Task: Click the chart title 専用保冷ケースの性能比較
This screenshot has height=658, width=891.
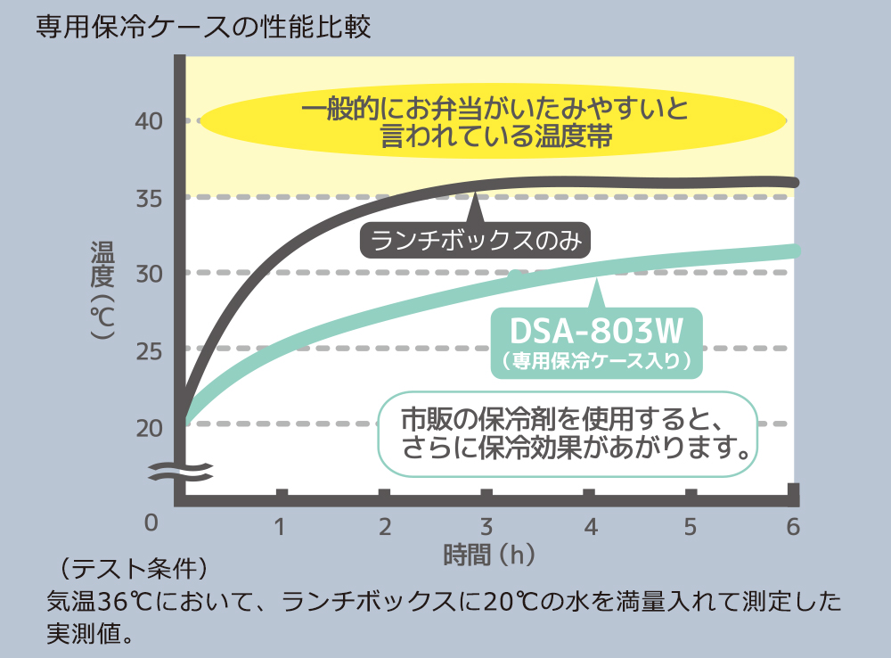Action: click(203, 27)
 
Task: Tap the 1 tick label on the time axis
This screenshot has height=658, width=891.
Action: click(281, 527)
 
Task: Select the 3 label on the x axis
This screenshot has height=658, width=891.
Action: click(486, 527)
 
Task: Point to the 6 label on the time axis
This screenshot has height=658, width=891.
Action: click(792, 527)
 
